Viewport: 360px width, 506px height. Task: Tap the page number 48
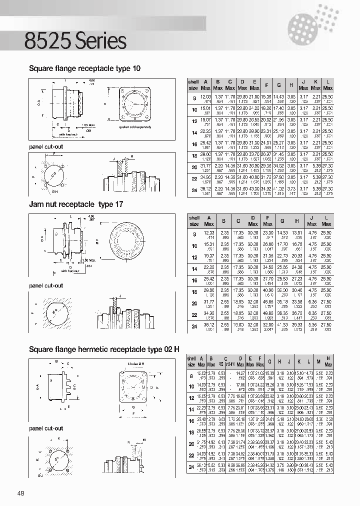(x=21, y=494)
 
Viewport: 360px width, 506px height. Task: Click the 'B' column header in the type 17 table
(x=224, y=221)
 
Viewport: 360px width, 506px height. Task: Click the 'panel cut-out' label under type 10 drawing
(x=46, y=147)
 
